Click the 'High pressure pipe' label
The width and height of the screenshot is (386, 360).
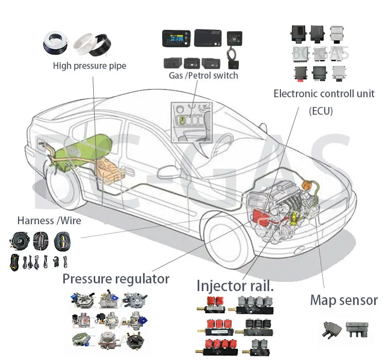pos(89,66)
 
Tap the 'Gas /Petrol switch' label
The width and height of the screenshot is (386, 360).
pos(203,76)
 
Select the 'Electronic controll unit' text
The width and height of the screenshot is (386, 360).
pos(324,94)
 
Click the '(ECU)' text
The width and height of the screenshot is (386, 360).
pos(321,111)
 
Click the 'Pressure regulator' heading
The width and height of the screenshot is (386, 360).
pos(116,279)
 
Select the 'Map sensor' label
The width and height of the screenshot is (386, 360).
pos(343,300)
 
